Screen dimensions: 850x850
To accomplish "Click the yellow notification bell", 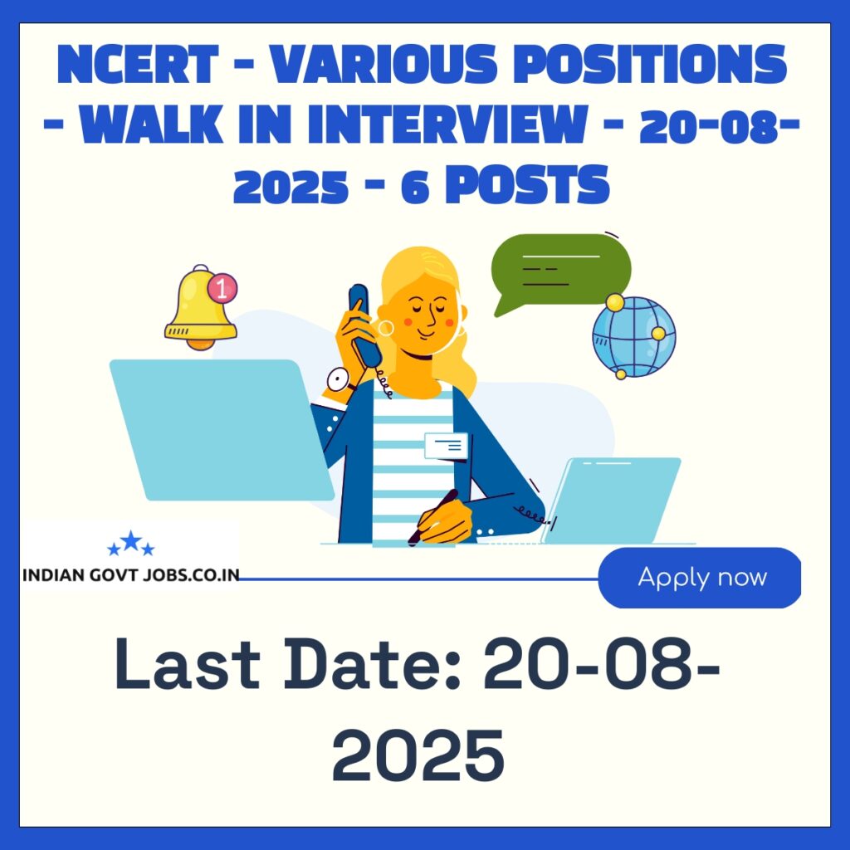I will click(200, 308).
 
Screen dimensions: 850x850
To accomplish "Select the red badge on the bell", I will click(221, 288).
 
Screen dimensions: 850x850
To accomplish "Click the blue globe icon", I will click(633, 337).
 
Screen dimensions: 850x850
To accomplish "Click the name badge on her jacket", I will click(446, 446).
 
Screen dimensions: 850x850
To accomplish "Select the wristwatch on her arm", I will click(338, 380).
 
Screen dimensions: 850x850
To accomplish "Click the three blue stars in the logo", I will click(131, 545).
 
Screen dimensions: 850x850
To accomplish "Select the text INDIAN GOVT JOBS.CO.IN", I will click(129, 575).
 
